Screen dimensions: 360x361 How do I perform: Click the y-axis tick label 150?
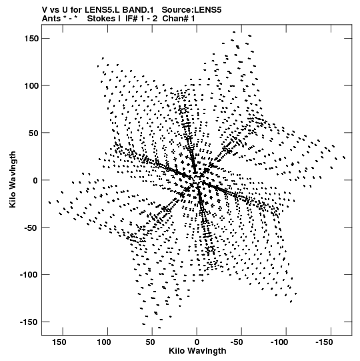tap(31, 39)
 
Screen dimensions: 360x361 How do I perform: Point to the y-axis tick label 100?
tap(31, 85)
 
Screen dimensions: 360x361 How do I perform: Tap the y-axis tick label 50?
tap(33, 133)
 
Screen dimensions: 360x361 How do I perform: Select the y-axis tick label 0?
tap(35, 180)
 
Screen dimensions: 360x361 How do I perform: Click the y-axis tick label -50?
tap(31, 228)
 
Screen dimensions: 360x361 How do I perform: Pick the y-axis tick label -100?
tap(29, 275)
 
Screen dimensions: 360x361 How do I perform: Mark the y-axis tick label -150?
tap(29, 322)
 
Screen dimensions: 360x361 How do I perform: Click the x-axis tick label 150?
tap(59, 342)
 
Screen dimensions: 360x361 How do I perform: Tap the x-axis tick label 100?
tap(104, 342)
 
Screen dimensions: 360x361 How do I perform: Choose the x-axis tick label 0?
tap(197, 342)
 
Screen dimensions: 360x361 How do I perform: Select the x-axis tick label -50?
tap(237, 342)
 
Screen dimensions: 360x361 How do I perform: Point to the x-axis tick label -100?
tap(279, 342)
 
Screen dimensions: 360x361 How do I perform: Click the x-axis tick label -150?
tap(324, 342)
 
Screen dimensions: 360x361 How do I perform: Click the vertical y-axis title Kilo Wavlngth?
tap(13, 179)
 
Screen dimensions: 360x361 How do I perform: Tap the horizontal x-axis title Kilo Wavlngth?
tap(197, 351)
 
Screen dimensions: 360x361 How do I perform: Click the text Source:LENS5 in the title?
tap(191, 10)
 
